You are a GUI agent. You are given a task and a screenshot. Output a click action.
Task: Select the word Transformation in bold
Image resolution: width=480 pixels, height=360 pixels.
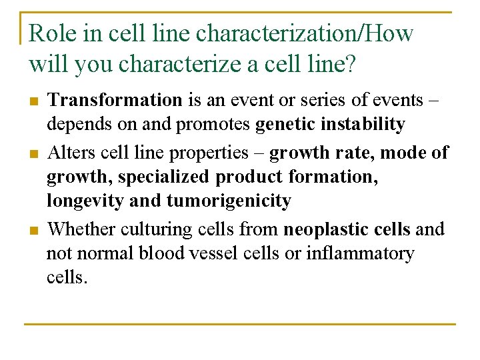coord(115,101)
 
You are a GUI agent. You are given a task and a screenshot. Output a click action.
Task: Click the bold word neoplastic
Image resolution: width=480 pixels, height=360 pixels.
coord(323,229)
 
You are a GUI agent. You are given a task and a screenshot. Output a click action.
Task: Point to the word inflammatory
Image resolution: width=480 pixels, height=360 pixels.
coord(360,254)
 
